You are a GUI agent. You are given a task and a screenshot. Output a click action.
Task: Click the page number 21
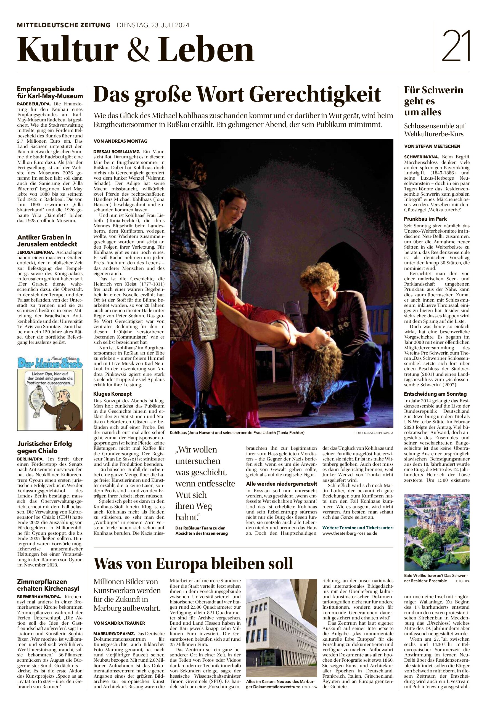click(x=456, y=46)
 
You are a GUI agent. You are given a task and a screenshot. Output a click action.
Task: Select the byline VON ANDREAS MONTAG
click(x=121, y=141)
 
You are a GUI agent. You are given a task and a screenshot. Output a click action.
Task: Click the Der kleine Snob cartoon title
click(x=50, y=363)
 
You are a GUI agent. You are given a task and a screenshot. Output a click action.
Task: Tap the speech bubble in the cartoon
click(x=50, y=378)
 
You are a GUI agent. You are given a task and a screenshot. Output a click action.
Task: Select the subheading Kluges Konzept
click(x=113, y=394)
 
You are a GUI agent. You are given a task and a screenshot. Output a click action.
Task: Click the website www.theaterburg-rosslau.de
click(x=350, y=533)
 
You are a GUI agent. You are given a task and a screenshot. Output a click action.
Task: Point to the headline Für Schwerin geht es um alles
click(x=433, y=101)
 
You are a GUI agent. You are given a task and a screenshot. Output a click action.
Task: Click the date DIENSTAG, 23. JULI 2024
click(x=153, y=25)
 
